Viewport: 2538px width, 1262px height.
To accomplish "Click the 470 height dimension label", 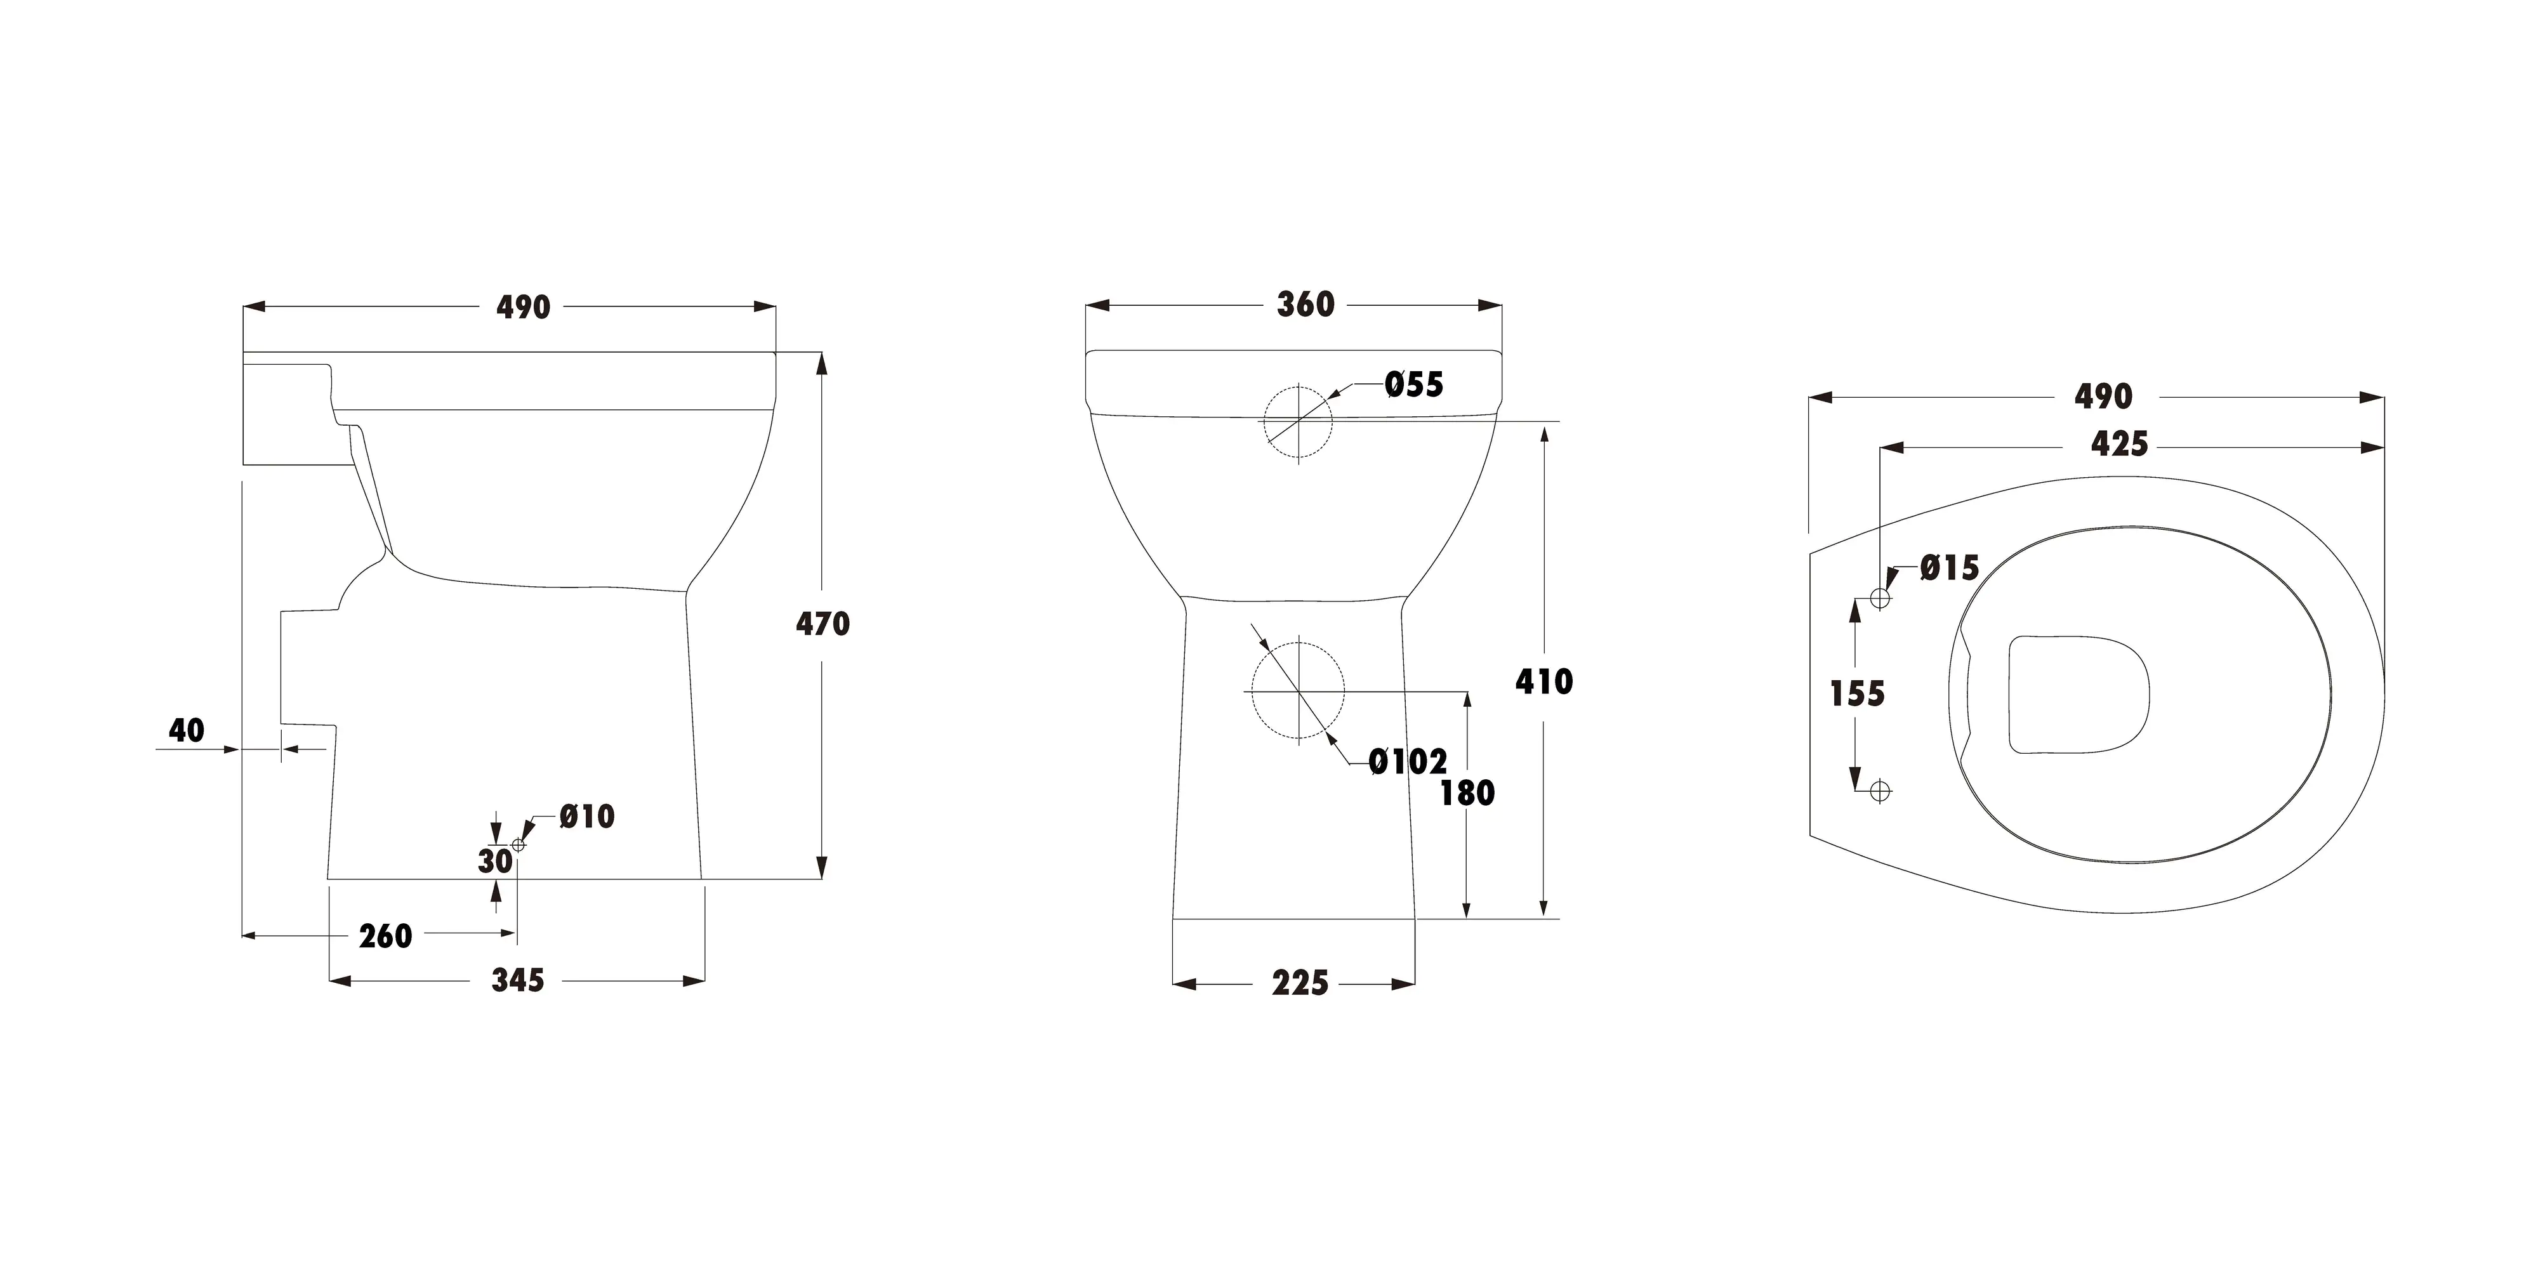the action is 823,624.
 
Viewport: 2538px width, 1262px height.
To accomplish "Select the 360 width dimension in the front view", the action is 1305,305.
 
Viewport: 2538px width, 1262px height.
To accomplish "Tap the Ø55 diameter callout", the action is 1414,385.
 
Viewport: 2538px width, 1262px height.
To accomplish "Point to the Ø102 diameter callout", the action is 1408,761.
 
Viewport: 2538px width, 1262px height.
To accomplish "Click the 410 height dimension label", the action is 1544,681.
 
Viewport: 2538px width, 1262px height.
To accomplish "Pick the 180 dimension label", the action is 1467,793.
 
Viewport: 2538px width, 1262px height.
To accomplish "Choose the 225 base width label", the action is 1300,983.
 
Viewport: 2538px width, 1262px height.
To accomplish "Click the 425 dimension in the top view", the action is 2119,444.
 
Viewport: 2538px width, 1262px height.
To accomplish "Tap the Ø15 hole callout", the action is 1950,567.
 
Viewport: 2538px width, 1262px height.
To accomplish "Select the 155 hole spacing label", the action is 1857,693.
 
